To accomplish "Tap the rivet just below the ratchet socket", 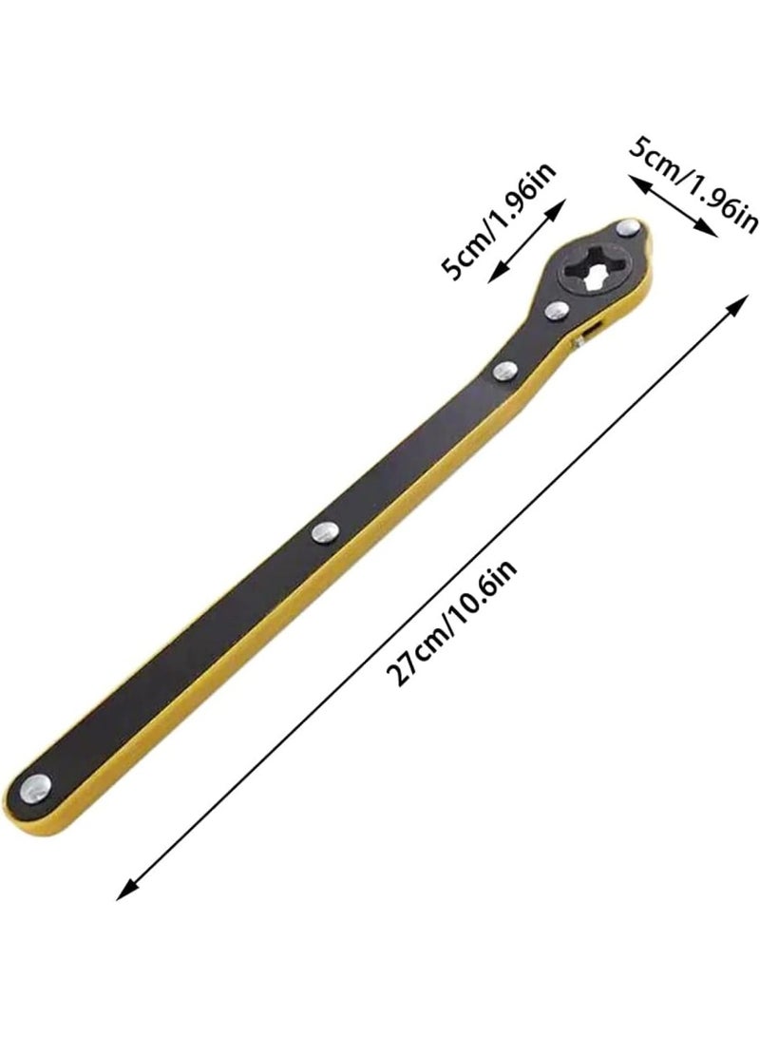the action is pyautogui.click(x=558, y=310).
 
